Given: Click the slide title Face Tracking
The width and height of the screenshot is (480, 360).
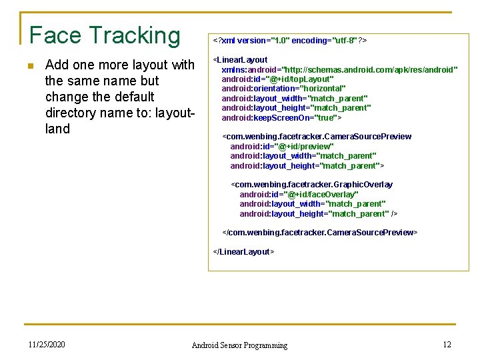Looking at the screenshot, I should [105, 35].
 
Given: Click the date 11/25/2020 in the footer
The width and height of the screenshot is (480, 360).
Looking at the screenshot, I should [47, 345].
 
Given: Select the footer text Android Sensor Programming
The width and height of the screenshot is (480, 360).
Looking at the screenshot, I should [239, 345].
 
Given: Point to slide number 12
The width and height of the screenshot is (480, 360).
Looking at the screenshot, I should [447, 345].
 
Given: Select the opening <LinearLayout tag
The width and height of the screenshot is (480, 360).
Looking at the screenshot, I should [240, 60].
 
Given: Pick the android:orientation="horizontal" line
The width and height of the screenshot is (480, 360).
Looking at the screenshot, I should [283, 89].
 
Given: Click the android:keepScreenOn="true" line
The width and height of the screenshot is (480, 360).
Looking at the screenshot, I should [281, 118].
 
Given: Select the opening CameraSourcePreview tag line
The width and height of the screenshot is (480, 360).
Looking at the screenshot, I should [317, 137].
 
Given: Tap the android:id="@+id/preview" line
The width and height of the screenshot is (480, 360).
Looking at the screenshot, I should [282, 147].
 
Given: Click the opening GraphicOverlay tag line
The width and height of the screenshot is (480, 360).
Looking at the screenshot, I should [312, 185].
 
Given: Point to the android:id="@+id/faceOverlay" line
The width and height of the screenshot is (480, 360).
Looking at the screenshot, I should [299, 195].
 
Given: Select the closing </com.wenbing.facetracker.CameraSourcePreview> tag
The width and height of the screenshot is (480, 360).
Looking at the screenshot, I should [320, 233].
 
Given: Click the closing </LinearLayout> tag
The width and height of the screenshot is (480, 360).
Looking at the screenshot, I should [243, 252].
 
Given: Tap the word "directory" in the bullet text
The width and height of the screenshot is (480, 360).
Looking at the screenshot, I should [72, 113].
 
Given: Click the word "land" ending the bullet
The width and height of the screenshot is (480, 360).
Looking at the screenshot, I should [57, 129].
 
